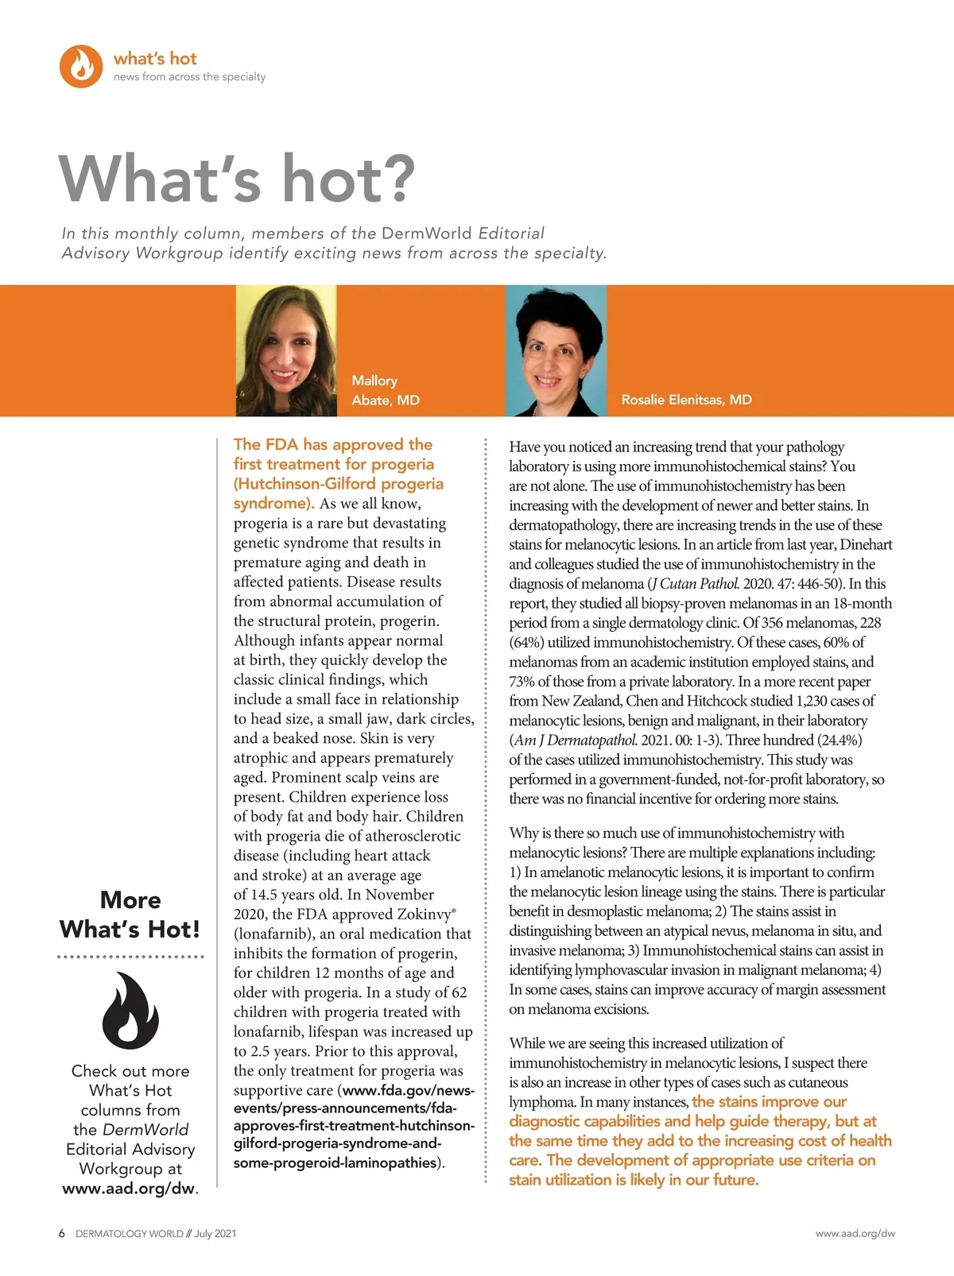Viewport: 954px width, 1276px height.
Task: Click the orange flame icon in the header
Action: [x=81, y=66]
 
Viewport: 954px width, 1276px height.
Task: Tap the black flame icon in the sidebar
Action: [x=130, y=1010]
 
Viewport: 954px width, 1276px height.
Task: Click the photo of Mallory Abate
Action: [x=286, y=350]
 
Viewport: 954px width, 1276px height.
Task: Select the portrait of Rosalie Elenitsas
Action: [x=556, y=350]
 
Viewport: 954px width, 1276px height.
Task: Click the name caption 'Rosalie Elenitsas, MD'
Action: [x=686, y=400]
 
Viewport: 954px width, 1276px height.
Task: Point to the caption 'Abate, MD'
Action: [x=386, y=400]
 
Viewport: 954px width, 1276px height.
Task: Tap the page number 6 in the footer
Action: [x=62, y=1234]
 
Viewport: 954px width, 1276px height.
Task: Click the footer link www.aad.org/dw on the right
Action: [x=855, y=1234]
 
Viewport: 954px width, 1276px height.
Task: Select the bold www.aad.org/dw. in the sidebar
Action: [x=130, y=1189]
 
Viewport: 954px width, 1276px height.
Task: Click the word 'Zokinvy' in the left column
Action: [x=424, y=914]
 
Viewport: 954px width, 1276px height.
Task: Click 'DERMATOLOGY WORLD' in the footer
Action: [x=129, y=1234]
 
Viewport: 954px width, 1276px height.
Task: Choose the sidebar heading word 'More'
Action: [x=130, y=900]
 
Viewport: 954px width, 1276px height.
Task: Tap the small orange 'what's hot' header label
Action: [x=155, y=59]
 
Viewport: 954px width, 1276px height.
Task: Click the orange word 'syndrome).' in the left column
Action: [x=273, y=504]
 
